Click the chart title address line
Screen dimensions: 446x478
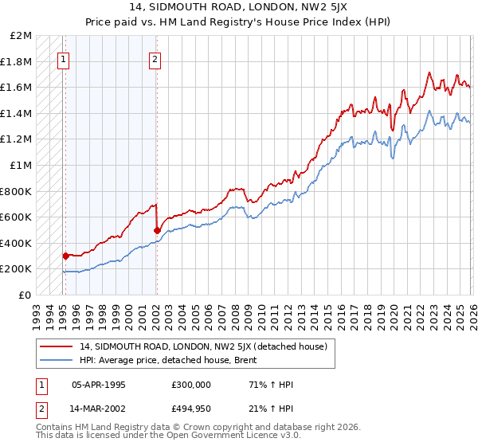pos(239,7)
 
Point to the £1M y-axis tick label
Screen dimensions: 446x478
pos(22,165)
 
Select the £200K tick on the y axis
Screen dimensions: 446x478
pos(17,269)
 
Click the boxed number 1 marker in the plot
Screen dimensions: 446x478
pos(64,58)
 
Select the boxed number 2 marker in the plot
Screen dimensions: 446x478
pos(155,58)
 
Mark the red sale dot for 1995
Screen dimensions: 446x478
pos(65,256)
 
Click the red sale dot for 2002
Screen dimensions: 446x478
pos(157,231)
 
